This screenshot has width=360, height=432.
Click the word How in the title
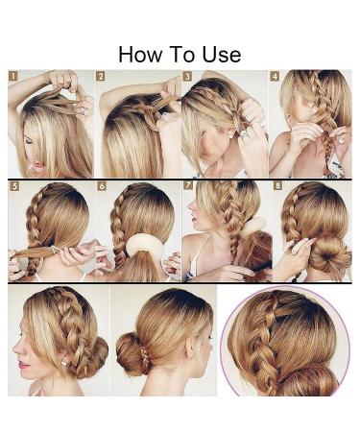[140, 54]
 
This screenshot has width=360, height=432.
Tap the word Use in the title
[222, 54]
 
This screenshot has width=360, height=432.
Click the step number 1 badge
[13, 76]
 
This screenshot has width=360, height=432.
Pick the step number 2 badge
[101, 76]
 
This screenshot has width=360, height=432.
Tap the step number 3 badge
[187, 76]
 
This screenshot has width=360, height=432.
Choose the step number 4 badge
[275, 76]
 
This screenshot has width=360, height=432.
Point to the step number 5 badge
[13, 186]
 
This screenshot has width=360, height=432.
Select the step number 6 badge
[102, 186]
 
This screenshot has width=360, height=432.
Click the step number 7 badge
[188, 185]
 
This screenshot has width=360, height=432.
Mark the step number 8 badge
[277, 185]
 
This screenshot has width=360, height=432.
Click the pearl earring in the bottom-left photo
[63, 363]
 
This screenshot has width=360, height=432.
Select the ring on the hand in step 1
[84, 111]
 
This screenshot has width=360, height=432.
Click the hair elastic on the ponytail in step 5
[55, 250]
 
